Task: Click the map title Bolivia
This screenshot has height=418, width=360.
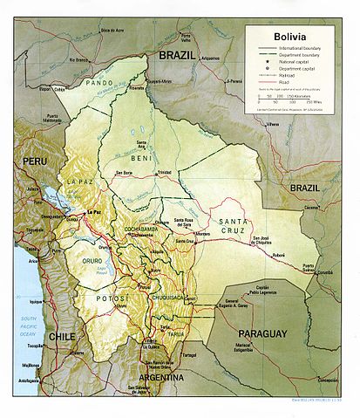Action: click(292, 37)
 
